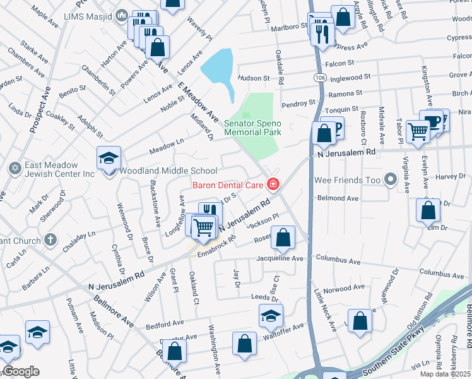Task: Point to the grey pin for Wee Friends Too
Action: (x=391, y=181)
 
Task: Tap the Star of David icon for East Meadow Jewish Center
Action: (x=15, y=169)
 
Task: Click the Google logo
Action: (x=20, y=371)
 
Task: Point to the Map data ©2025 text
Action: (x=444, y=374)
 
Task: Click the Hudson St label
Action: (x=253, y=78)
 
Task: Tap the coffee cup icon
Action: (x=432, y=121)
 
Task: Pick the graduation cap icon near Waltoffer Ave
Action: (x=271, y=316)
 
